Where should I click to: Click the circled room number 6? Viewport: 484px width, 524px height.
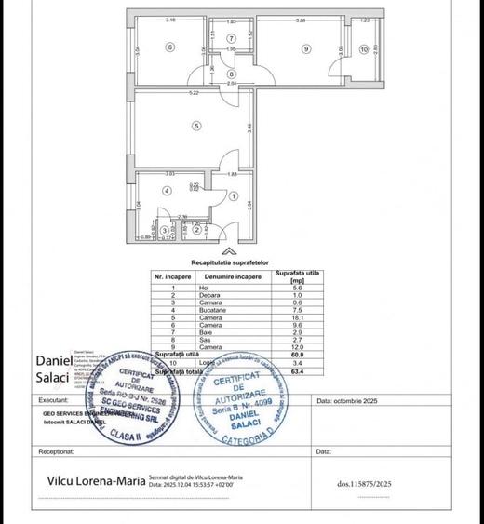point(170,47)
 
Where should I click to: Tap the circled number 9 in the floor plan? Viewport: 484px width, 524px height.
point(305,49)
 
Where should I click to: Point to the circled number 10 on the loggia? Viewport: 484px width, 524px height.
point(364,48)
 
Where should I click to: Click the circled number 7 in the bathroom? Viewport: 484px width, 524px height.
point(231,38)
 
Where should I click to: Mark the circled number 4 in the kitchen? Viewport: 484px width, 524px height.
point(167,191)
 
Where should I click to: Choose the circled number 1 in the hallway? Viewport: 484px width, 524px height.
point(234,196)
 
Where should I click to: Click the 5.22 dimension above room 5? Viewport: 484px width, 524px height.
point(194,93)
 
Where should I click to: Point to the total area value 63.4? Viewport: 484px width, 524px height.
point(298,370)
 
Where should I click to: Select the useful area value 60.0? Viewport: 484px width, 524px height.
point(298,355)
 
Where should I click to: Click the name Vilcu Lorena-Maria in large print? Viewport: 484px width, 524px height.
point(96,481)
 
